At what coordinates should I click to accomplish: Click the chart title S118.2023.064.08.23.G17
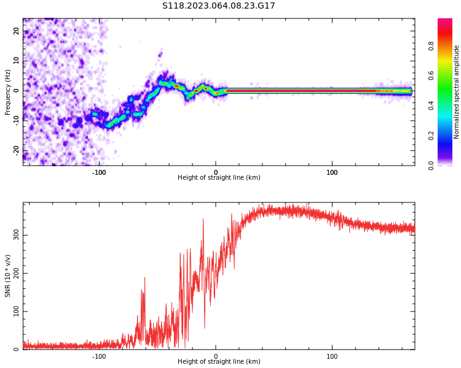[x=218, y=6]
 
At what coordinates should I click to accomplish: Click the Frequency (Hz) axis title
[x=8, y=92]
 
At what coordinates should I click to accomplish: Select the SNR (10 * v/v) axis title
[x=8, y=276]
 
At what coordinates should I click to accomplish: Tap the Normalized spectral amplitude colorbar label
[x=457, y=92]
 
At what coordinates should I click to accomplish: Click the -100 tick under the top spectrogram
[x=99, y=172]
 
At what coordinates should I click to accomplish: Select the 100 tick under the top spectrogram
[x=332, y=172]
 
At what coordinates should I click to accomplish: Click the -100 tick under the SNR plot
[x=99, y=356]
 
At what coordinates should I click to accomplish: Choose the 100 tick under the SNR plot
[x=332, y=356]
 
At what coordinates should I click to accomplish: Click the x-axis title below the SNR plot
[x=219, y=362]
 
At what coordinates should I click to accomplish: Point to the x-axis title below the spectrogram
[x=219, y=178]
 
